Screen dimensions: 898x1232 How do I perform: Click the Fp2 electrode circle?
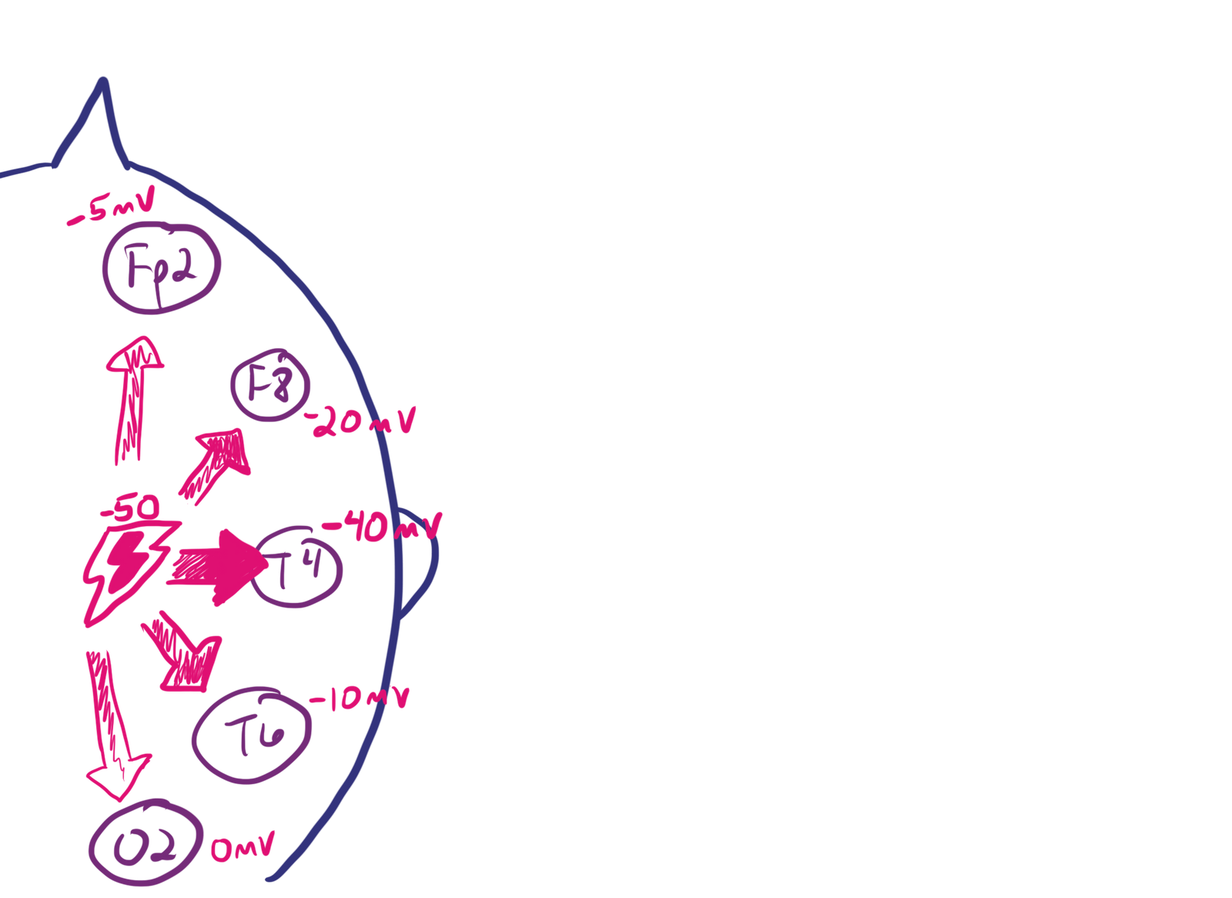[x=162, y=268]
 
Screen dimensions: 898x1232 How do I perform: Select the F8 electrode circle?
[x=270, y=386]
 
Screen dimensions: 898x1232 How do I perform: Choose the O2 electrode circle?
[x=145, y=846]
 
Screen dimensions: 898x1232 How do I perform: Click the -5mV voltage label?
[x=112, y=208]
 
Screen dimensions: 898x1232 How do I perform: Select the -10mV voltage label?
[x=360, y=698]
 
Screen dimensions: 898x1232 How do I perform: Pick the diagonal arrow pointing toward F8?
[x=216, y=463]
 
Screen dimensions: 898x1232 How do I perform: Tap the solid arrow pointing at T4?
[x=217, y=568]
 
